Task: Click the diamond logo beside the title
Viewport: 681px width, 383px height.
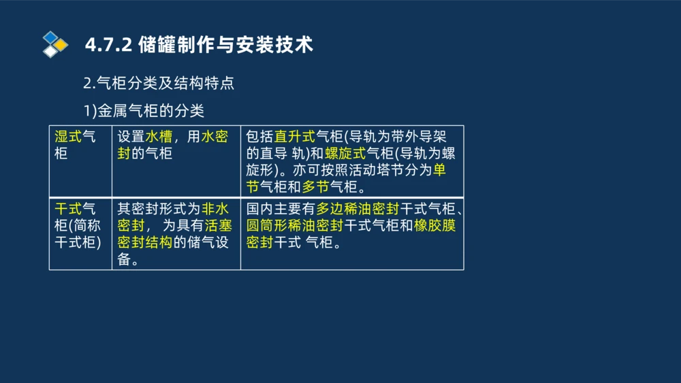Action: (55, 44)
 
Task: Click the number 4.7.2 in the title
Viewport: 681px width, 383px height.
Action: (108, 46)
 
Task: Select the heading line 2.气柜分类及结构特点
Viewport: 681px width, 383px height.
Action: (159, 84)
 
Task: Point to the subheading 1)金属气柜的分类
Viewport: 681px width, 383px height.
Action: (144, 110)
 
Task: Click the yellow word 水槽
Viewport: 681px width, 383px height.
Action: (159, 137)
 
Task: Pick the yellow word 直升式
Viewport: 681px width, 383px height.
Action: (295, 137)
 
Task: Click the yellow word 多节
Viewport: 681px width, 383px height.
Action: (316, 186)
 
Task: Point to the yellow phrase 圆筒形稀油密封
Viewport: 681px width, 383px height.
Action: (295, 226)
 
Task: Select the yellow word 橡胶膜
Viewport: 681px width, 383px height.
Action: (435, 226)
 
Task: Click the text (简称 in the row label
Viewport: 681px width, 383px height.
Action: (85, 226)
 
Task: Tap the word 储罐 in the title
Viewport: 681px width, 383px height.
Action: (153, 46)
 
